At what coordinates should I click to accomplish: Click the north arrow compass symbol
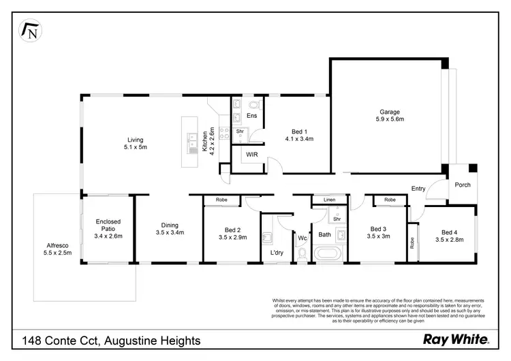click(31, 31)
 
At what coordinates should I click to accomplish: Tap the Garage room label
click(390, 112)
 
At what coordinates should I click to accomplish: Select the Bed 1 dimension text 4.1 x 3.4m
click(298, 139)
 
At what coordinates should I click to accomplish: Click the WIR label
click(252, 155)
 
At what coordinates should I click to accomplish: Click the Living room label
click(135, 140)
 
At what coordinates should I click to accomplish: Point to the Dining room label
click(169, 225)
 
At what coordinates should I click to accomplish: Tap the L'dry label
click(276, 253)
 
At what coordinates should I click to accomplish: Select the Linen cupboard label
click(329, 200)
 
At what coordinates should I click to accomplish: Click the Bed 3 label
click(380, 229)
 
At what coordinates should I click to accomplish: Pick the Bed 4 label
click(445, 232)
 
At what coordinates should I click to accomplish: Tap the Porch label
click(463, 185)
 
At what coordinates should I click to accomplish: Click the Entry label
click(418, 188)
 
